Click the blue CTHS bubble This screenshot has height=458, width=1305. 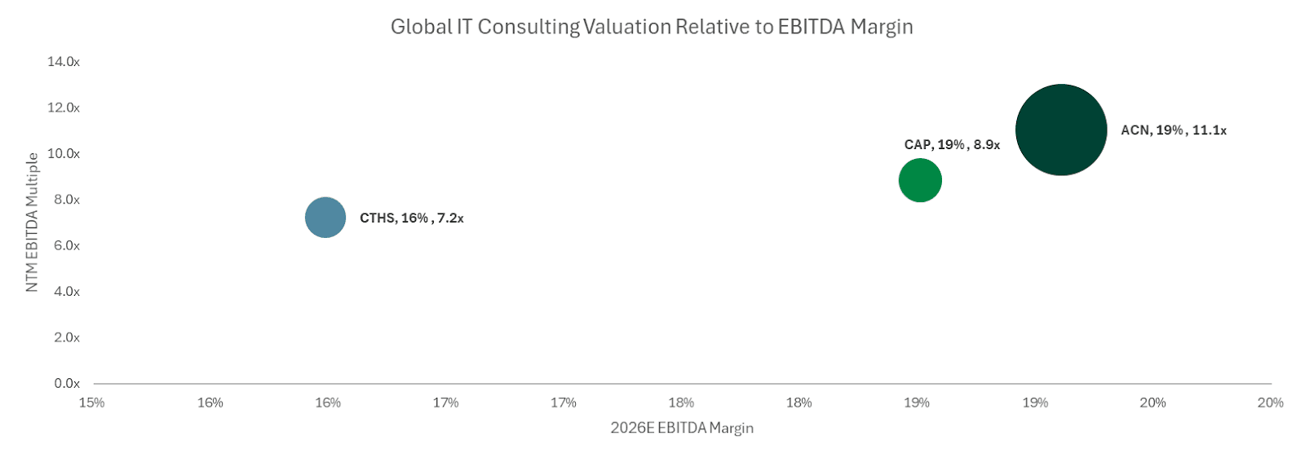point(325,218)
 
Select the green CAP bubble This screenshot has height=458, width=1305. point(920,180)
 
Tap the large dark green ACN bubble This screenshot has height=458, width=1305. point(1060,130)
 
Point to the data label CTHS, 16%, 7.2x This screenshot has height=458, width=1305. point(411,218)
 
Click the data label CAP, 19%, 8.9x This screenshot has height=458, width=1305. point(952,145)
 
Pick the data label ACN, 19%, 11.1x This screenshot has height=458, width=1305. point(1173,130)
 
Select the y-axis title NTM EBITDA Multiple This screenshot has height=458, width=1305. point(33,222)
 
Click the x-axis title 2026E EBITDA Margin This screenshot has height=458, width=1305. point(682,428)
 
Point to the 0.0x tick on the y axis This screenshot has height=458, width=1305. point(67,383)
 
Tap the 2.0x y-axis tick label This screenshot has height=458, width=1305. point(67,337)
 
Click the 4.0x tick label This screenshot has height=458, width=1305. point(67,291)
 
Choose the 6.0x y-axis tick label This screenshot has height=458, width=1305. point(67,245)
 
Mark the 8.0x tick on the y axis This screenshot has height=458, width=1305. point(67,200)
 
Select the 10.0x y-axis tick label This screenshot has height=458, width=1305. point(64,153)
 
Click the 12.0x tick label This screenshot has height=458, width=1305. point(64,108)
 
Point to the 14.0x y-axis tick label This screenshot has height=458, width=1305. point(64,62)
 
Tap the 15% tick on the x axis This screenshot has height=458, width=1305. point(92,403)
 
